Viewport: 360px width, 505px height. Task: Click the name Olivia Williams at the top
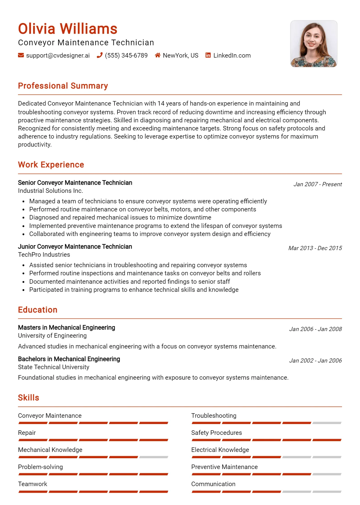pyautogui.click(x=67, y=29)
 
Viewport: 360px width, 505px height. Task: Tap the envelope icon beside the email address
pyautogui.click(x=21, y=55)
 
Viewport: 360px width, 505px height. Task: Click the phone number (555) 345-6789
pyautogui.click(x=126, y=55)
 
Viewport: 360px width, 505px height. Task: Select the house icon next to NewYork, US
pyautogui.click(x=157, y=55)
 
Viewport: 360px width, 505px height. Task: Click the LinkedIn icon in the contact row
pyautogui.click(x=208, y=55)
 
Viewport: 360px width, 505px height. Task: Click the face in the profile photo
pyautogui.click(x=312, y=38)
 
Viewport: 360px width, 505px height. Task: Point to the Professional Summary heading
pyautogui.click(x=63, y=86)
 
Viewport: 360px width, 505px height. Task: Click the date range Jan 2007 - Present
pyautogui.click(x=317, y=184)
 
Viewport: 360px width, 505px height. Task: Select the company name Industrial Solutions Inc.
pyautogui.click(x=50, y=191)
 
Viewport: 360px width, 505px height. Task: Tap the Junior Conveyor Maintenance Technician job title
pyautogui.click(x=75, y=247)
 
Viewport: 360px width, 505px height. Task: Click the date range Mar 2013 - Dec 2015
pyautogui.click(x=315, y=248)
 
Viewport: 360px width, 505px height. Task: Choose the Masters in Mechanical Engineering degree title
pyautogui.click(x=67, y=327)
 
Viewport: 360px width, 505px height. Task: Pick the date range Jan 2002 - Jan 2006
pyautogui.click(x=315, y=360)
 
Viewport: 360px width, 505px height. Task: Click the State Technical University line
pyautogui.click(x=54, y=367)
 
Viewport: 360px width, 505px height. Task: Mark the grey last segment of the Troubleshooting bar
pyautogui.click(x=327, y=423)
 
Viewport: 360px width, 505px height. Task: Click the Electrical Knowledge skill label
pyautogui.click(x=220, y=450)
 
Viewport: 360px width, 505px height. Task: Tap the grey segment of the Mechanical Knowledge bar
pyautogui.click(x=154, y=457)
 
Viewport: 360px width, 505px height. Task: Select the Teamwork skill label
pyautogui.click(x=32, y=484)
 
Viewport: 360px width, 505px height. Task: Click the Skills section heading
pyautogui.click(x=28, y=398)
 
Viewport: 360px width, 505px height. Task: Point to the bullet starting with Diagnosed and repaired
pyautogui.click(x=120, y=217)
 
